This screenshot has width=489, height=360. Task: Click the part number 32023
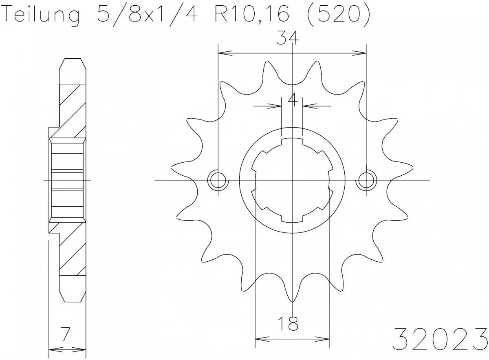[x=440, y=338]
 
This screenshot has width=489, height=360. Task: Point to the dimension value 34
[x=288, y=39]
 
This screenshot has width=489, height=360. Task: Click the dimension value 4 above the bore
[x=292, y=99]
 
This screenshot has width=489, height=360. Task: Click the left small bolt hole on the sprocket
[x=218, y=180]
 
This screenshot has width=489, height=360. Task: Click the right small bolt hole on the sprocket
[x=366, y=180]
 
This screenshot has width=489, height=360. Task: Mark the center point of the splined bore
[x=292, y=180]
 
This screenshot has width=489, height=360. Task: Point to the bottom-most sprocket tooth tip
[x=292, y=301]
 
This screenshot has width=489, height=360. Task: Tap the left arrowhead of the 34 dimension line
[x=222, y=53]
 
